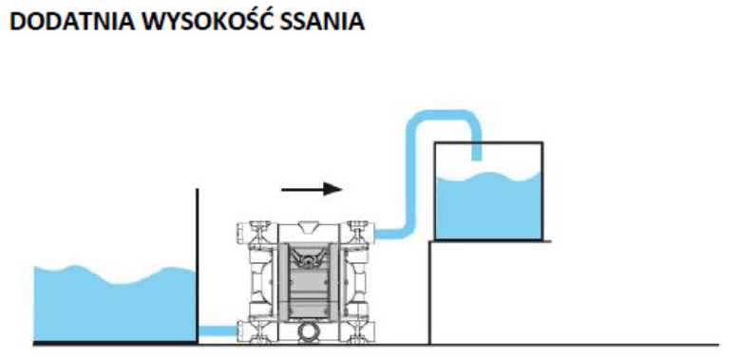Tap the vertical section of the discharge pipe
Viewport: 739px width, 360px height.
[410, 180]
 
